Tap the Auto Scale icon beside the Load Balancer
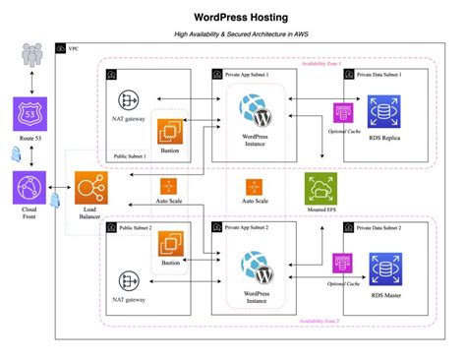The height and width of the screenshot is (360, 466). tap(168, 186)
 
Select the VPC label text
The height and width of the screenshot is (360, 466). tap(73, 48)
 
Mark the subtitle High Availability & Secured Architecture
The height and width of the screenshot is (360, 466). tap(232, 34)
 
